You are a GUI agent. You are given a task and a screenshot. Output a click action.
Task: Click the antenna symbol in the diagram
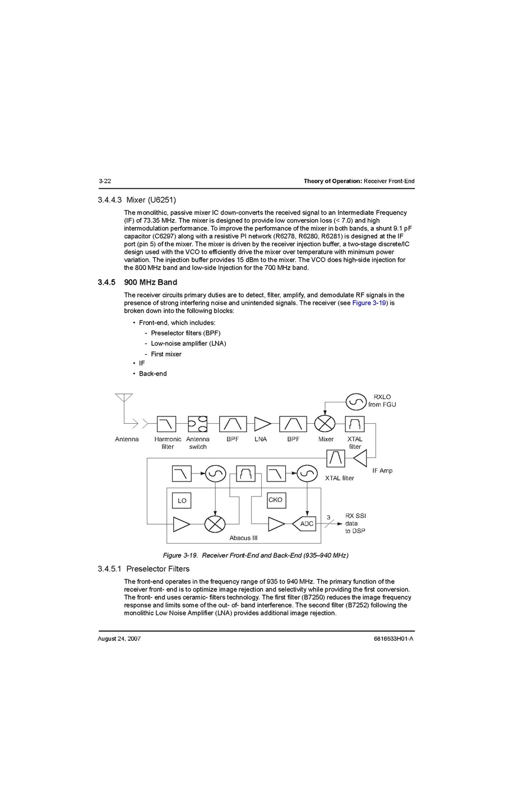(x=124, y=399)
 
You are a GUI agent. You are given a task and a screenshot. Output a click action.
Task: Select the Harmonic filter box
(x=166, y=424)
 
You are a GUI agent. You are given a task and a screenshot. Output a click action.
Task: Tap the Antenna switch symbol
(x=197, y=424)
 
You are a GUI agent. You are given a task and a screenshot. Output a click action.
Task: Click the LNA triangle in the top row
(x=261, y=424)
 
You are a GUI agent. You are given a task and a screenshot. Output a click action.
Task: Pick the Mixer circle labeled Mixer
(x=325, y=424)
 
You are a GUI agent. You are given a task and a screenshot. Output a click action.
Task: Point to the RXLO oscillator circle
(x=356, y=401)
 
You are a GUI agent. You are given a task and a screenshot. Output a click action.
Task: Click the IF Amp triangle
(x=360, y=458)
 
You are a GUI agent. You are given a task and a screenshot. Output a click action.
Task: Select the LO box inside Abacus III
(x=182, y=500)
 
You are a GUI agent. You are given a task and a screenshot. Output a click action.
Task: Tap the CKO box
(x=276, y=500)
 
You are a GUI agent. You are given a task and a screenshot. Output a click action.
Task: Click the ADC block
(x=305, y=524)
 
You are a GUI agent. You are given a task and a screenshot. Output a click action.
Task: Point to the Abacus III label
(x=243, y=538)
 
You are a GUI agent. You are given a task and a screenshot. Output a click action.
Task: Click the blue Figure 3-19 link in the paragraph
(x=369, y=303)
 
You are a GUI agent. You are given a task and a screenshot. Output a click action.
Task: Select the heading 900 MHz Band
(x=150, y=282)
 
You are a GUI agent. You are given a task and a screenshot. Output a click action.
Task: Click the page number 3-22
(x=105, y=181)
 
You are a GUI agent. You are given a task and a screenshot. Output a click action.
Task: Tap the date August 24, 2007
(x=119, y=639)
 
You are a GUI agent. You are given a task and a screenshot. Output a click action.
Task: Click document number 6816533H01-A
(x=393, y=639)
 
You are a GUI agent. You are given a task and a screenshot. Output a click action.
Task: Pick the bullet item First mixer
(x=166, y=354)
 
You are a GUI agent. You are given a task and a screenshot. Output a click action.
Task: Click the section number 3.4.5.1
(x=109, y=569)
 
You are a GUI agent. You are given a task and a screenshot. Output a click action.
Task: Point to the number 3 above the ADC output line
(x=328, y=517)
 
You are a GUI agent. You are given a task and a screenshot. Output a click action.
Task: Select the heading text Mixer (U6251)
(x=151, y=200)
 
